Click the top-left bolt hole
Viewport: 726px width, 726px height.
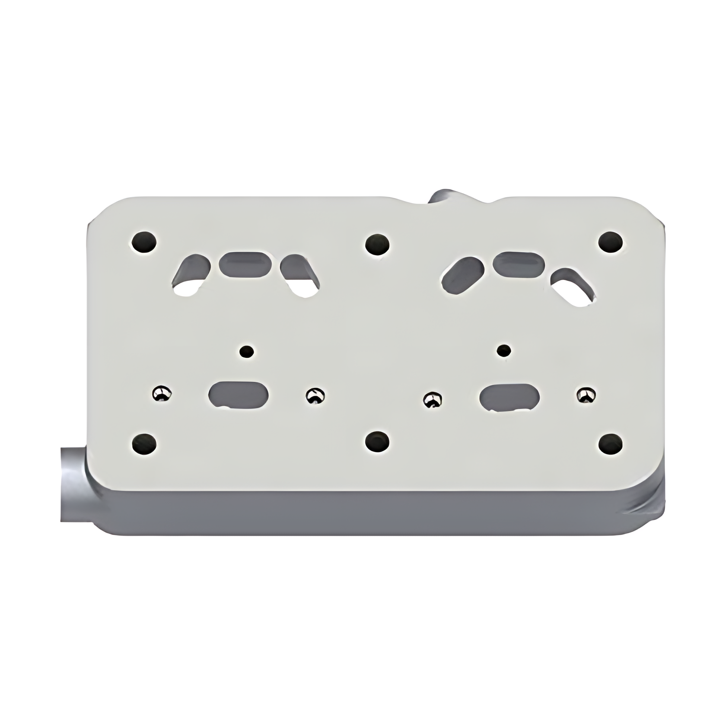pos(144,242)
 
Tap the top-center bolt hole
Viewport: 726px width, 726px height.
pos(377,245)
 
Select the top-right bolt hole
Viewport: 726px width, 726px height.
pos(610,242)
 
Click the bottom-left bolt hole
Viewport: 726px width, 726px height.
pos(144,443)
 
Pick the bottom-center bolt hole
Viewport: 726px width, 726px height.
pos(377,442)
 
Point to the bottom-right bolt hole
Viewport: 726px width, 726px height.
pos(610,443)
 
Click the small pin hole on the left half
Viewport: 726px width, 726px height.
pos(247,351)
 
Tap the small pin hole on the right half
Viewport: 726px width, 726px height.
pos(504,350)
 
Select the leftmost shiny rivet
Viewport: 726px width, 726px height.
pos(162,393)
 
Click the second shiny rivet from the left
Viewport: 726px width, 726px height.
pos(315,395)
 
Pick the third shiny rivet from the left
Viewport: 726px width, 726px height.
pos(432,399)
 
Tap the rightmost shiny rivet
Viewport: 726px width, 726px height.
pos(586,394)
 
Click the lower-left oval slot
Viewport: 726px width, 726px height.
pos(239,395)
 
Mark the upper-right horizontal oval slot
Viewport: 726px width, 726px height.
pos(519,264)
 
